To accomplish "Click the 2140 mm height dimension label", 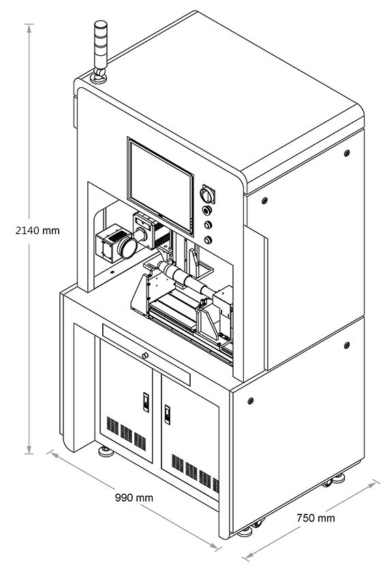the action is (x=37, y=231).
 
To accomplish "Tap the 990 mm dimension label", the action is (x=134, y=498).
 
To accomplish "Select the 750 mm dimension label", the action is (x=315, y=518).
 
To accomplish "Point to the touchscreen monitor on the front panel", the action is (x=161, y=186).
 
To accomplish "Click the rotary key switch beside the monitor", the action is (x=207, y=195).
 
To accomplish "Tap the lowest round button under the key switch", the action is (x=208, y=240).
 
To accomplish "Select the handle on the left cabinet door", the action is (x=146, y=402).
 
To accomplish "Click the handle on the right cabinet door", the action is (x=167, y=414).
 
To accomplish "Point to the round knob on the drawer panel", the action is (x=145, y=355).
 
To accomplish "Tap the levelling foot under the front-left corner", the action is (x=106, y=451).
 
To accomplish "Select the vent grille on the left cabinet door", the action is (x=126, y=433).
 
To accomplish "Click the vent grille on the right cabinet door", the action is (x=195, y=472).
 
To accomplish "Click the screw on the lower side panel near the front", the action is (x=250, y=401).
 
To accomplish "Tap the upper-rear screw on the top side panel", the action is (x=346, y=152).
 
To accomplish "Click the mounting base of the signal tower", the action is (x=98, y=78).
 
